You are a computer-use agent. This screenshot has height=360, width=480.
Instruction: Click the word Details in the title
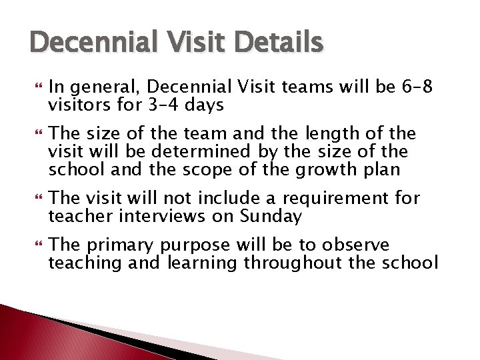279,44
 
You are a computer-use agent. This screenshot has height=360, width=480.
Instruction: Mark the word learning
201,263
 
